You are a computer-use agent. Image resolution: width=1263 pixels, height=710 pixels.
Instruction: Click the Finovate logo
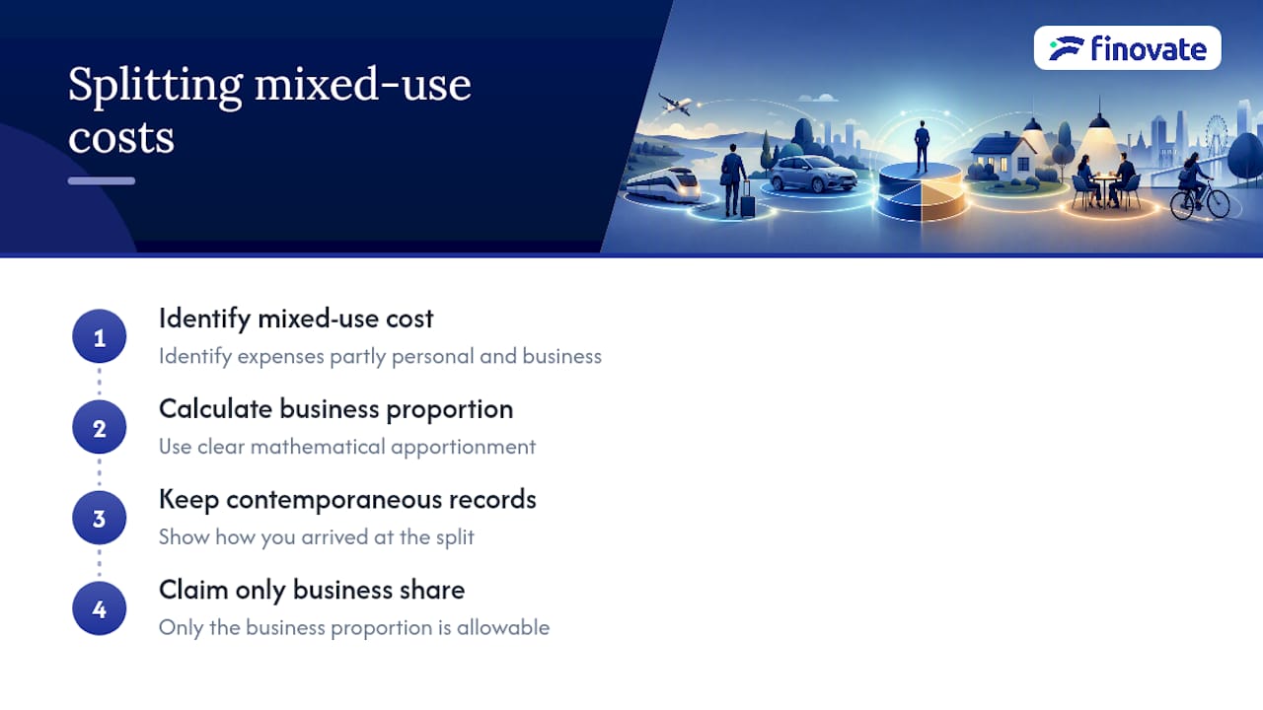click(1128, 48)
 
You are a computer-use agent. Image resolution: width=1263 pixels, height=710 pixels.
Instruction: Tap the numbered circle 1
click(100, 336)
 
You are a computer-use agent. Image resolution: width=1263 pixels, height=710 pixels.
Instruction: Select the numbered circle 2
click(100, 427)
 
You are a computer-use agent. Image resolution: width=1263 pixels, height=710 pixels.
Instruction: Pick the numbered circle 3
click(100, 518)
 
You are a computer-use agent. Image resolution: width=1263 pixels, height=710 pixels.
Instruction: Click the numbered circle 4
click(100, 608)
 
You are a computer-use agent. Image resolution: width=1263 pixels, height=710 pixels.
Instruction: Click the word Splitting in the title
click(156, 86)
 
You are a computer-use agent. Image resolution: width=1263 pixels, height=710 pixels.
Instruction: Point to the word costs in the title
click(121, 138)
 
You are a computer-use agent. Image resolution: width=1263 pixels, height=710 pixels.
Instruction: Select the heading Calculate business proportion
click(336, 409)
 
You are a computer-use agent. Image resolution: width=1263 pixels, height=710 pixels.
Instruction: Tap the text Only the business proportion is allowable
click(354, 628)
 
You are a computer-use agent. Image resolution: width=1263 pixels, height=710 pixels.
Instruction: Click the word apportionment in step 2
click(463, 448)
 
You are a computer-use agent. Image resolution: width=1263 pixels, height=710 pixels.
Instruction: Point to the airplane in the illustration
click(675, 105)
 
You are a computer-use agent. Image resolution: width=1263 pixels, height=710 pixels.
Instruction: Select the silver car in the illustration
click(813, 175)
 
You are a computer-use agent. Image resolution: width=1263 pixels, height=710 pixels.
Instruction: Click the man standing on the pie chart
click(922, 146)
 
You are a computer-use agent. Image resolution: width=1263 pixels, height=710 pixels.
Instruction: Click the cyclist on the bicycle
click(1197, 187)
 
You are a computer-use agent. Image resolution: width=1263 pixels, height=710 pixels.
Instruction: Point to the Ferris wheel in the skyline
click(1217, 134)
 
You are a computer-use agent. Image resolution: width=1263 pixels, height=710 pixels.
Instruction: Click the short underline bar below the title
click(102, 180)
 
